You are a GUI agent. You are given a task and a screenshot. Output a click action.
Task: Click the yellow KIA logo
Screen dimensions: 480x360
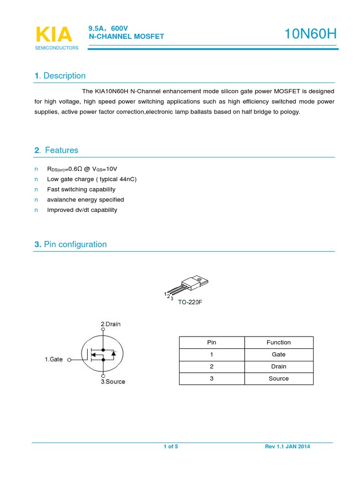pyautogui.click(x=54, y=35)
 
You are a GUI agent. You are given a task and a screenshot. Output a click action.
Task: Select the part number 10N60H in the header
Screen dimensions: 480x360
pyautogui.click(x=310, y=34)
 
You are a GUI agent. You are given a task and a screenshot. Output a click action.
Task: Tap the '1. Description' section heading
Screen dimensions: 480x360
pyautogui.click(x=60, y=76)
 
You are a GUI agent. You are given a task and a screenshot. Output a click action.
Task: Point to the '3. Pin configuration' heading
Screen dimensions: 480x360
pyautogui.click(x=70, y=244)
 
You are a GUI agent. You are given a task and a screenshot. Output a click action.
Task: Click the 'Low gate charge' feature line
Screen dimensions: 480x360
pyautogui.click(x=92, y=179)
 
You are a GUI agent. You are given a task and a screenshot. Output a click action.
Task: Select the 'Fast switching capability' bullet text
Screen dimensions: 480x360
pyautogui.click(x=81, y=189)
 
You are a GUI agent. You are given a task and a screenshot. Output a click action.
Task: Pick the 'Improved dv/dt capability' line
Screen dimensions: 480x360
pyautogui.click(x=82, y=210)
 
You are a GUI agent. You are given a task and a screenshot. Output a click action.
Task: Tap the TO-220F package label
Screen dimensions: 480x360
pyautogui.click(x=190, y=302)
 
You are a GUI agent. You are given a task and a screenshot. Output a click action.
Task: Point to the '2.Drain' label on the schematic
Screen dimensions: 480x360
pyautogui.click(x=111, y=324)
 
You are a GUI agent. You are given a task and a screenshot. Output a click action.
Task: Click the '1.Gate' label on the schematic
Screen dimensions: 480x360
pyautogui.click(x=53, y=360)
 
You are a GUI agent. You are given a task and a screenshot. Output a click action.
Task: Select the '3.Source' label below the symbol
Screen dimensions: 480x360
pyautogui.click(x=112, y=382)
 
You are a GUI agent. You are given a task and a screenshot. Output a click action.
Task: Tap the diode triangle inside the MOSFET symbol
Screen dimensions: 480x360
pyautogui.click(x=113, y=353)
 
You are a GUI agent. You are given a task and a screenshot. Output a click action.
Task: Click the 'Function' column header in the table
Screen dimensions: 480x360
pyautogui.click(x=278, y=343)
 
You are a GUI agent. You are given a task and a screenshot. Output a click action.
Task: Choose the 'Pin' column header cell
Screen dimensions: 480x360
pyautogui.click(x=212, y=343)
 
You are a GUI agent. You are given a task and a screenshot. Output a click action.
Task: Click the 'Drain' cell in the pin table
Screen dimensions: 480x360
pyautogui.click(x=278, y=367)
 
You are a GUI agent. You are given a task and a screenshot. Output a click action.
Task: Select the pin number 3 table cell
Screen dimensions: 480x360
pyautogui.click(x=212, y=379)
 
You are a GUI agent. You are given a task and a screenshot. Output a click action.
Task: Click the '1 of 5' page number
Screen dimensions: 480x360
pyautogui.click(x=171, y=447)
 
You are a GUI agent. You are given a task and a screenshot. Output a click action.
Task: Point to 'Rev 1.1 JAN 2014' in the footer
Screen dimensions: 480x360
pyautogui.click(x=287, y=447)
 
